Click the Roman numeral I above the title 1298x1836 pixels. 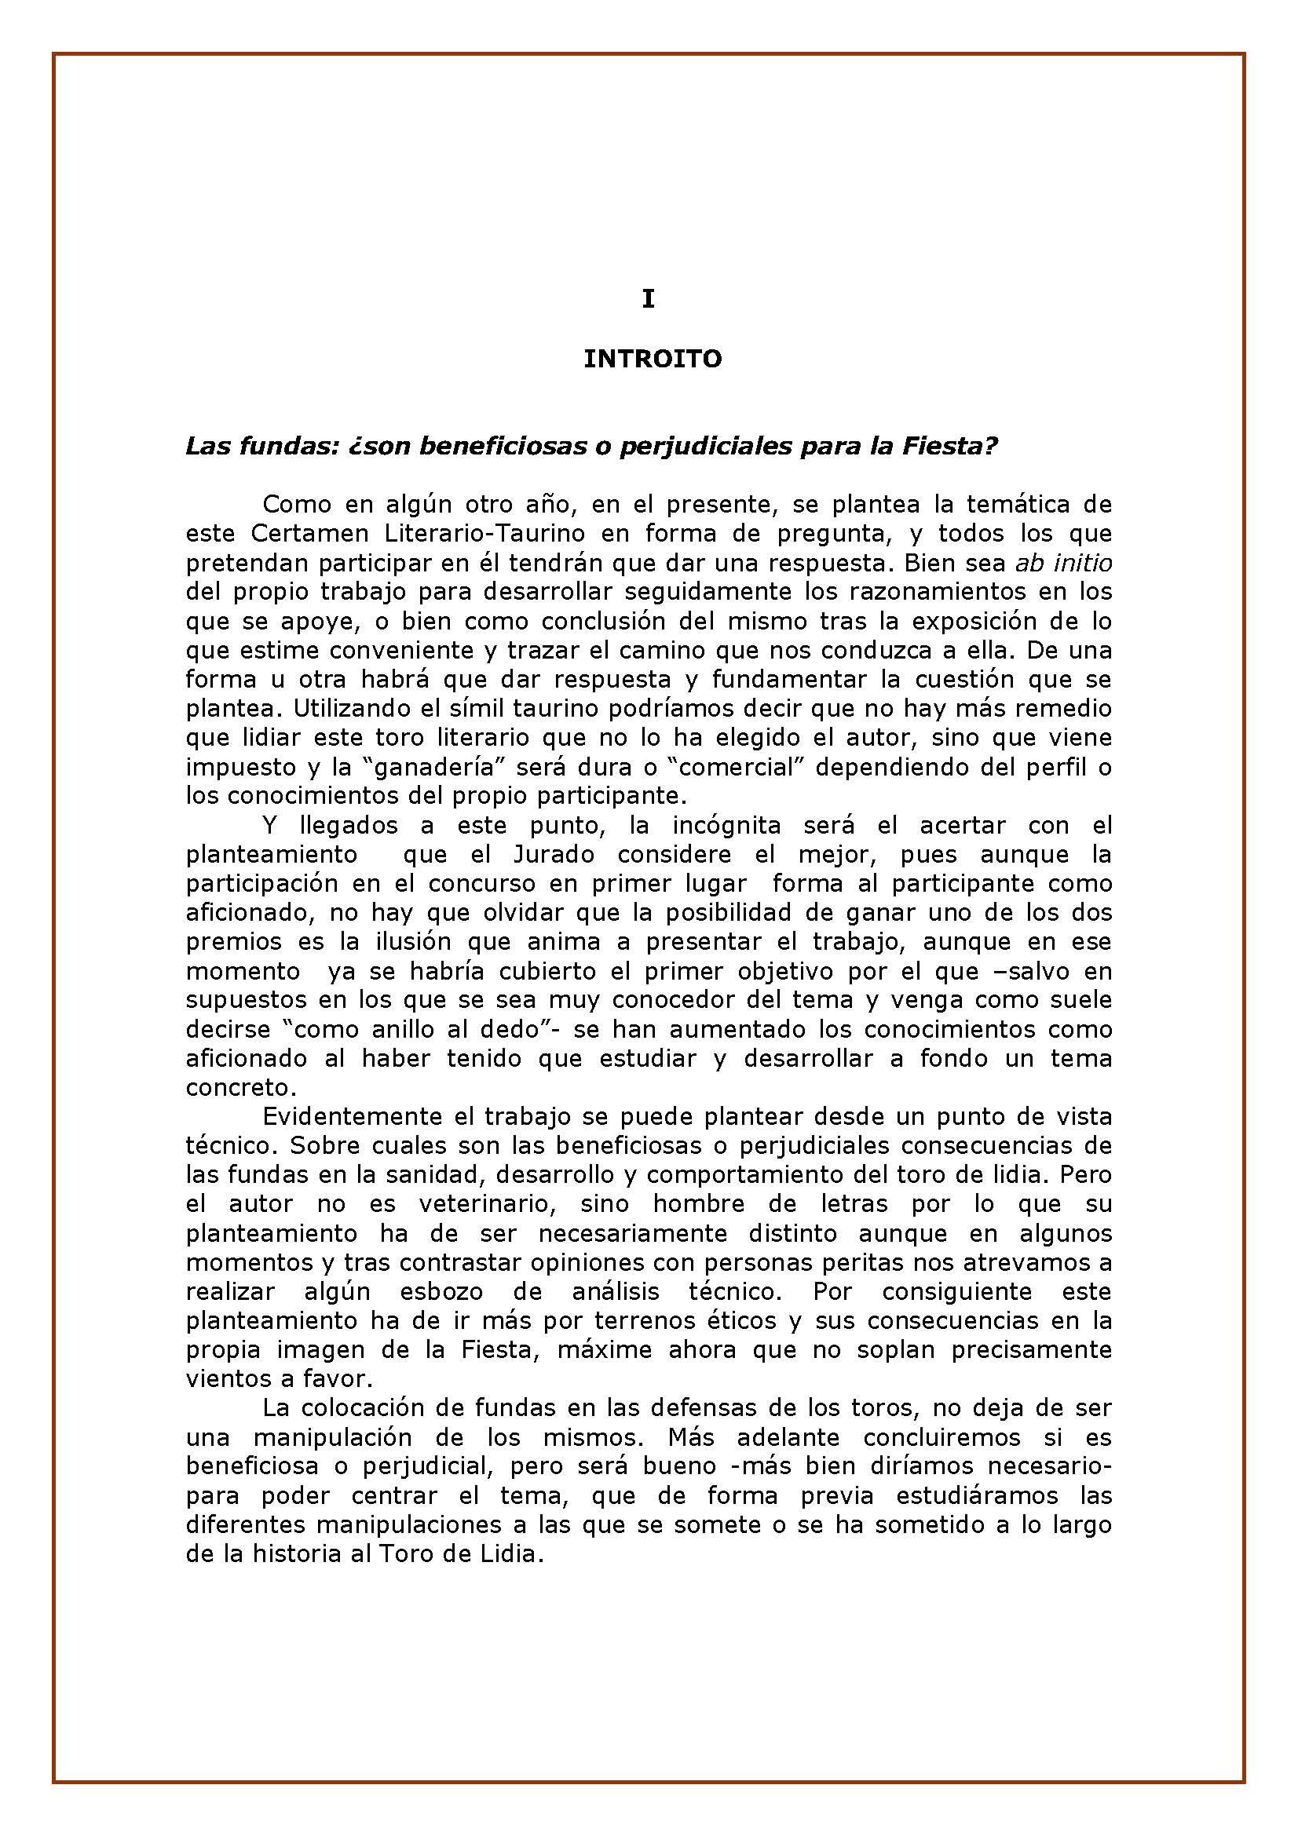pos(648,299)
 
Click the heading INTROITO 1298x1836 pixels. pos(652,359)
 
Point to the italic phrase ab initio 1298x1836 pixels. pos(1063,563)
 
